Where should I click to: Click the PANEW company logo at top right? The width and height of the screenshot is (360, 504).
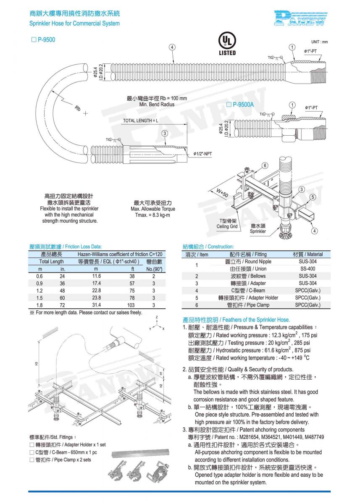point(300,18)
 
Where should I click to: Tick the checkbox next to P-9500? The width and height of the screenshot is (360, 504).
point(34,40)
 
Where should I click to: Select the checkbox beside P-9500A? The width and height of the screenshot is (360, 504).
point(229,105)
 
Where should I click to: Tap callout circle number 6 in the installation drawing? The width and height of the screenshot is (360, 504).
point(265,165)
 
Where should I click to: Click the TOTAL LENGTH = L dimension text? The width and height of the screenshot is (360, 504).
point(141,121)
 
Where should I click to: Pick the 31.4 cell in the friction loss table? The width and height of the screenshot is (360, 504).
point(97,305)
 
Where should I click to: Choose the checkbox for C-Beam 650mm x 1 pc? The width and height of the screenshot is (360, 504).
point(32,452)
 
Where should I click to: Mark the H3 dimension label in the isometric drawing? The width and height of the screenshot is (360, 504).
point(37,363)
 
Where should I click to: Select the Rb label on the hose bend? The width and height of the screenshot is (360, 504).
point(78,109)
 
